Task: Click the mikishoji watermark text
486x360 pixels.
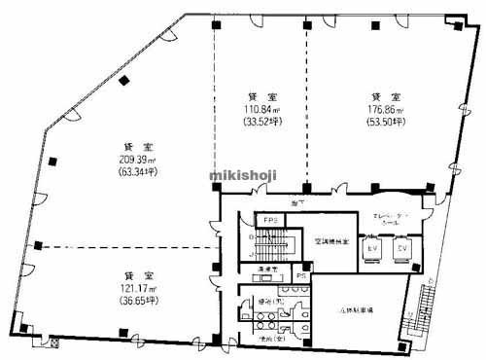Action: tap(242, 174)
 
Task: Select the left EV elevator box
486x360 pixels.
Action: tap(370, 250)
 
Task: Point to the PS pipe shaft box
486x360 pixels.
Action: tap(302, 275)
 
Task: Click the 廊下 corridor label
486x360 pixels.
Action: tap(297, 201)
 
